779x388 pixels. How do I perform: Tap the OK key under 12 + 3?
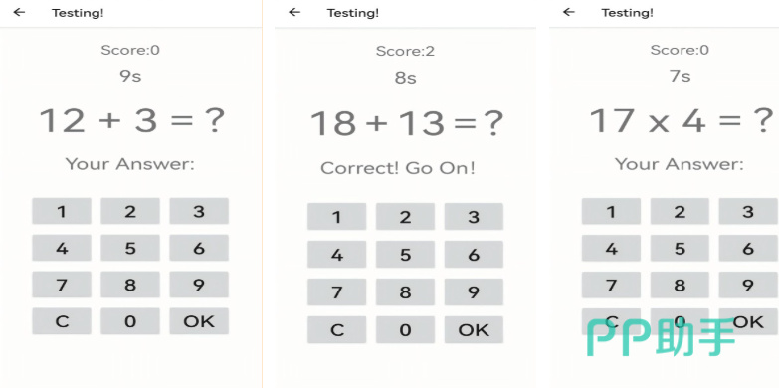click(199, 321)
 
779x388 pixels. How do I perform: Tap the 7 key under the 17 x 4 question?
click(611, 285)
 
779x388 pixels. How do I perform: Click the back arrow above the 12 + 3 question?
click(19, 12)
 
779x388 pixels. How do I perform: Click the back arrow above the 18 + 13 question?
click(294, 12)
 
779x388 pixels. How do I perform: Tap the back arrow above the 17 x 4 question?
click(569, 12)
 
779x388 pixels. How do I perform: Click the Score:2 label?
click(405, 51)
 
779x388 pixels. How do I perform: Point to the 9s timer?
click(130, 76)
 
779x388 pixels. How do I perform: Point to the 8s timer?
click(405, 78)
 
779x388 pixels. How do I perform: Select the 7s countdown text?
click(680, 76)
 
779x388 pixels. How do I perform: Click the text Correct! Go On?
click(398, 168)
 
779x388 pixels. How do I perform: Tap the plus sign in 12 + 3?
click(109, 121)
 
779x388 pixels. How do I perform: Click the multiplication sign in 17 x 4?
click(659, 123)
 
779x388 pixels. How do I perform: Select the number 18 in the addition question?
click(333, 123)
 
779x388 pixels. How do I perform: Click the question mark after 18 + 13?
click(492, 123)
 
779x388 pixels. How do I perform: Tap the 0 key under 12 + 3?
click(130, 321)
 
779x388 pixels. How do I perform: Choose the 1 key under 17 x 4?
click(611, 211)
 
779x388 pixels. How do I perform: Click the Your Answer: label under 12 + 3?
click(130, 164)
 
